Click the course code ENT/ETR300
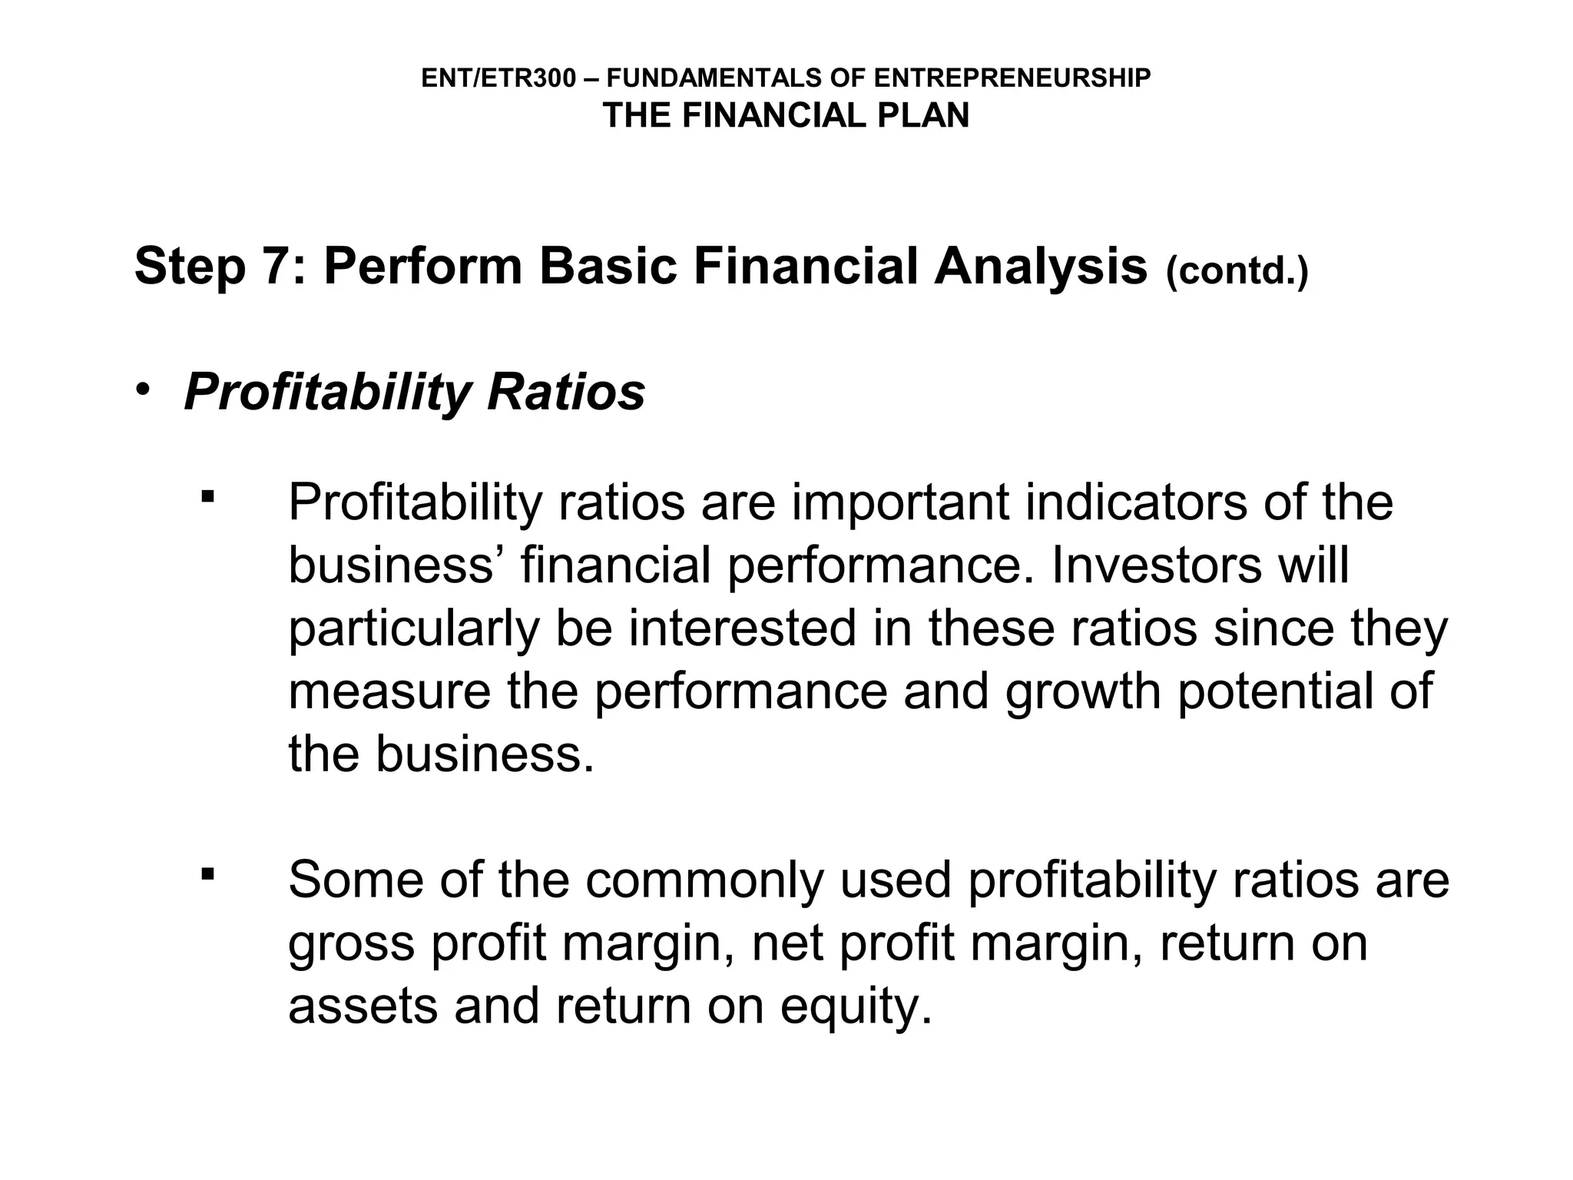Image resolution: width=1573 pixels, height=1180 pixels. pyautogui.click(x=498, y=78)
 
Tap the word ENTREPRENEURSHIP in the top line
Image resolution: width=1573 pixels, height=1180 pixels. pyautogui.click(x=1012, y=78)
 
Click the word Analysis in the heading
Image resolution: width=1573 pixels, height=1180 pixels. pyautogui.click(x=1041, y=267)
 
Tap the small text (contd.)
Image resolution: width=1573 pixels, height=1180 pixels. pyautogui.click(x=1237, y=271)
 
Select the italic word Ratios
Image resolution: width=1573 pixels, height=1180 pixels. pyautogui.click(x=566, y=393)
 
